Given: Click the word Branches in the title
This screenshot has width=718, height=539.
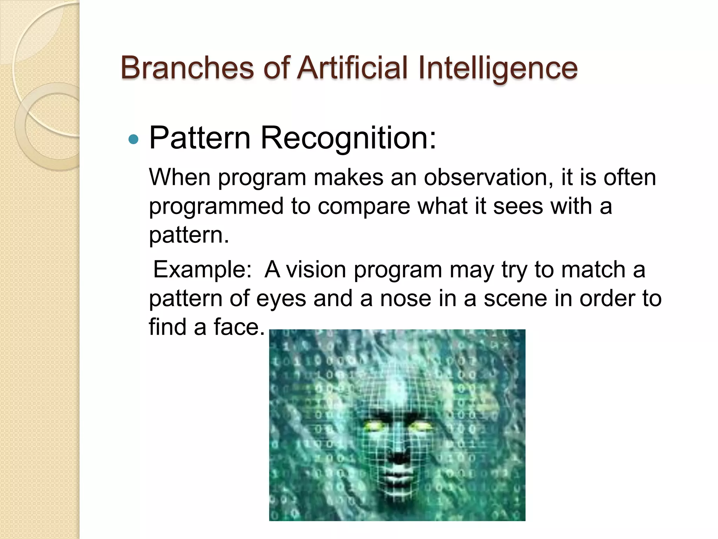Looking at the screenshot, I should (x=187, y=67).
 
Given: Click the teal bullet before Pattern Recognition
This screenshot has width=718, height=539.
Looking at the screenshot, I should (x=134, y=140).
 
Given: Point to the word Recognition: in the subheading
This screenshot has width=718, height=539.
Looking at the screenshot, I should (x=348, y=138).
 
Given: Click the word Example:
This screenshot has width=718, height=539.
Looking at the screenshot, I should (x=203, y=269).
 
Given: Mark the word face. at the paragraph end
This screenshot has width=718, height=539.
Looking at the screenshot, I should (x=239, y=327).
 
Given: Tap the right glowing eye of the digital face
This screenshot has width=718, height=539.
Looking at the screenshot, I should (x=421, y=426).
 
